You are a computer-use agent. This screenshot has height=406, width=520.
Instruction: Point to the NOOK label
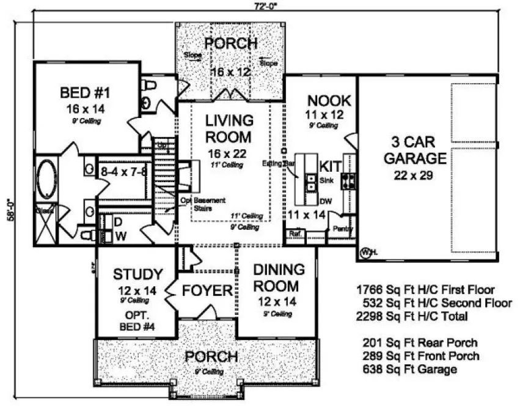point(329,100)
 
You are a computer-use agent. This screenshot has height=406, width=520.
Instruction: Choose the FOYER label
point(208,290)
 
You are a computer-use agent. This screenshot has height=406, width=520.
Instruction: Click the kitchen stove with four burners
point(348,180)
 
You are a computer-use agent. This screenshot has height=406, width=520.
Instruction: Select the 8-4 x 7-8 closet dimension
point(123,171)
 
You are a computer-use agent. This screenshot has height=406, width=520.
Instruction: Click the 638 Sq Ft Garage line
point(409,369)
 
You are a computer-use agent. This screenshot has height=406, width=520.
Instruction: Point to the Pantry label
point(339,228)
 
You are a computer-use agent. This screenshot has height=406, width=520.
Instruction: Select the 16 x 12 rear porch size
point(231,72)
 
